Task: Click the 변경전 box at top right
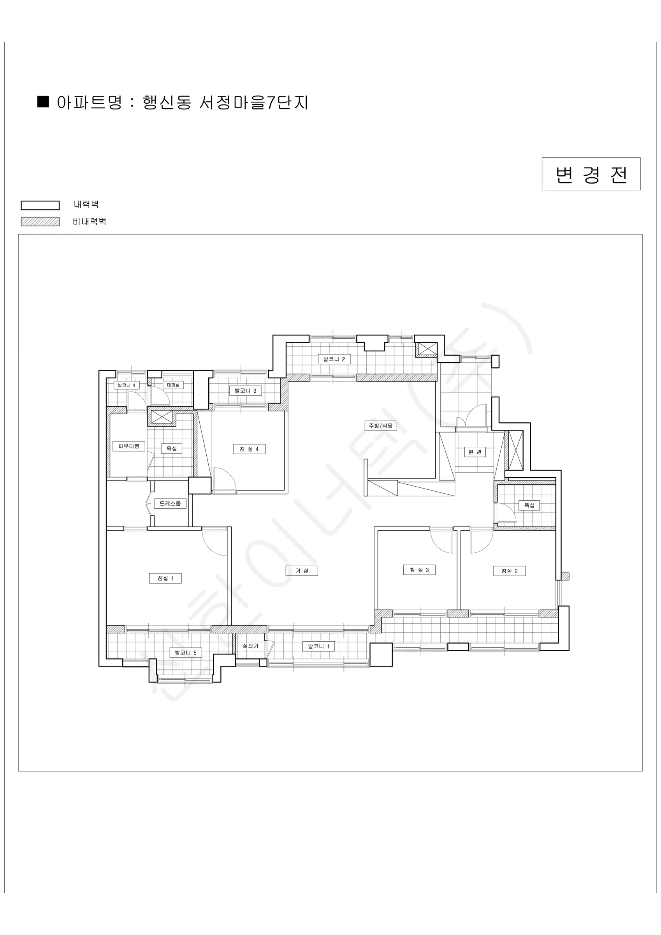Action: pos(591,174)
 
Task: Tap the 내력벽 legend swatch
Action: pos(40,205)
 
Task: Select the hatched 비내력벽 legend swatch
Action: pos(40,222)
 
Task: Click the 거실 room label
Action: pos(302,570)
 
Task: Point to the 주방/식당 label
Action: pos(381,425)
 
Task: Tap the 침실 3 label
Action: pos(419,570)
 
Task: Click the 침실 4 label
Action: pos(249,449)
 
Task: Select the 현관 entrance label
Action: pos(475,452)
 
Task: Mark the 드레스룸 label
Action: pos(170,503)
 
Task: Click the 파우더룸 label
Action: pos(128,446)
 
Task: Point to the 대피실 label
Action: pos(173,385)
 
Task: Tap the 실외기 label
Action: pos(250,646)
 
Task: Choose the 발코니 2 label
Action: pos(334,359)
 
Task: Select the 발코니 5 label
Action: pos(186,653)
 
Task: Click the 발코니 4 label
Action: pos(126,385)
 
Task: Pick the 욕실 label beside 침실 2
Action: pos(529,505)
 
